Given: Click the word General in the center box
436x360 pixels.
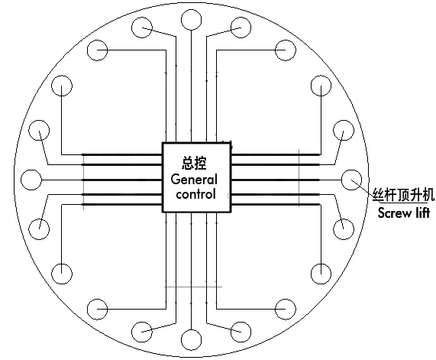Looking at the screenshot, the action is (194, 180).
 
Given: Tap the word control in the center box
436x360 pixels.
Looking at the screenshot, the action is (195, 193).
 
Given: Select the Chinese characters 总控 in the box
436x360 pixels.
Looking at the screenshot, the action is (194, 163).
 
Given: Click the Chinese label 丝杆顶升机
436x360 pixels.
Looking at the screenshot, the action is (404, 194).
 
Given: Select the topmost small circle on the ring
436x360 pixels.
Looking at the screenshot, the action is (191, 20).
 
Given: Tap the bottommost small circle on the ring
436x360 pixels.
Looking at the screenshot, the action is (191, 339).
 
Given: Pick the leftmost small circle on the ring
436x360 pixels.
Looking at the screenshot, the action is (31, 180).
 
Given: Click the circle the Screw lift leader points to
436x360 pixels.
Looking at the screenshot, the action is (351, 180).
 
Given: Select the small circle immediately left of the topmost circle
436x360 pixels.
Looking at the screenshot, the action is (142, 28).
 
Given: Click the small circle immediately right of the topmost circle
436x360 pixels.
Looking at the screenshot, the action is (241, 28).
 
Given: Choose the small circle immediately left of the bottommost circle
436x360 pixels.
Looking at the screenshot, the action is (142, 332).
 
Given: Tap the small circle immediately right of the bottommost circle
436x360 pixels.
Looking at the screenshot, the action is (241, 332).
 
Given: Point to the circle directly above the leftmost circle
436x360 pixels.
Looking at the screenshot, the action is (39, 130).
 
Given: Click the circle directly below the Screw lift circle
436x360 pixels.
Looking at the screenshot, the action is (344, 229).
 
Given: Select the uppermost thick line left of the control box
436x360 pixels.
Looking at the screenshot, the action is (122, 154).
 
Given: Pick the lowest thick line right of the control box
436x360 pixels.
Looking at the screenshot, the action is (276, 205).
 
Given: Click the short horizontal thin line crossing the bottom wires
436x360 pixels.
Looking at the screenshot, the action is (193, 287).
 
